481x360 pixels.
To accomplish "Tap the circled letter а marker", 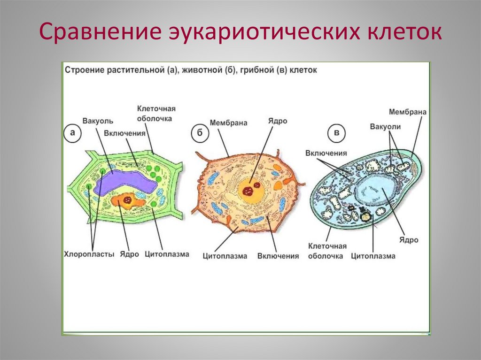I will [72, 133].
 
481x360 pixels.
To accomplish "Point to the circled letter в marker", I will [336, 134].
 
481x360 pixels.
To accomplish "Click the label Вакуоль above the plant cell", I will [98, 121].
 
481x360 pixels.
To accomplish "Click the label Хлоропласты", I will [89, 254].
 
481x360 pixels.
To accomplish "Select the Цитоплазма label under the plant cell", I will [167, 254].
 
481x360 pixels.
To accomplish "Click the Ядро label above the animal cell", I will [277, 121].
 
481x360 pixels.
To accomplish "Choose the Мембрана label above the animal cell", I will [228, 123].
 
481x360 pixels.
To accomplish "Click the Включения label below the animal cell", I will [278, 256].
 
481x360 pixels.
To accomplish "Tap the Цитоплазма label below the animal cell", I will [225, 256].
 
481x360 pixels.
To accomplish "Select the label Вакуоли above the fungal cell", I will [385, 127].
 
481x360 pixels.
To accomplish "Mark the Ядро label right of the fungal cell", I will [409, 240].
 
